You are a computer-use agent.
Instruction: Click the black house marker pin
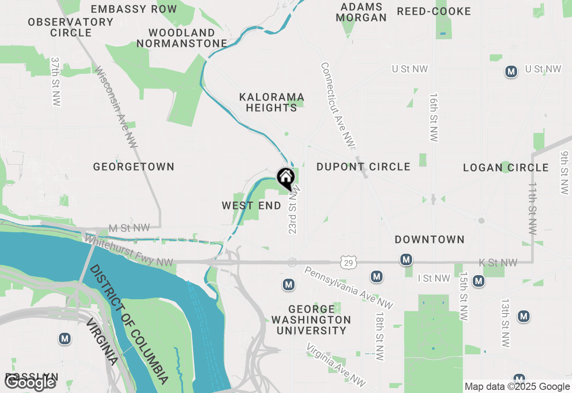[x=286, y=178]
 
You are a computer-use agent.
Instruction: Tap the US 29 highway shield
[x=349, y=263]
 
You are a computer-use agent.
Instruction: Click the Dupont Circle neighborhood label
[x=363, y=167]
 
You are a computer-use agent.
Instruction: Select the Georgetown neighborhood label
[x=134, y=167]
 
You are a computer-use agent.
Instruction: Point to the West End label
[x=252, y=205]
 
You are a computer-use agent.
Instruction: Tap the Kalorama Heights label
[x=272, y=102]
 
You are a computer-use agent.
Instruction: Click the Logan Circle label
[x=506, y=167]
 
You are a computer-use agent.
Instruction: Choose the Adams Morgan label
[x=361, y=12]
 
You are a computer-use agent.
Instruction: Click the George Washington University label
[x=311, y=320]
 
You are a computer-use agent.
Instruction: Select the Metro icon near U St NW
[x=511, y=71]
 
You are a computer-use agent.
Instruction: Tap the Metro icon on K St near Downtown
[x=406, y=259]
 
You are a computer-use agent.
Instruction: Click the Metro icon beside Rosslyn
[x=65, y=339]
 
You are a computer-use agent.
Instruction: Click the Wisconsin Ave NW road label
[x=116, y=107]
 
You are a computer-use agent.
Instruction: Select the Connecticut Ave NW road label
[x=338, y=105]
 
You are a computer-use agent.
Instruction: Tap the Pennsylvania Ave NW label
[x=349, y=288]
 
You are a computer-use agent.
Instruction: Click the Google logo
[x=30, y=382]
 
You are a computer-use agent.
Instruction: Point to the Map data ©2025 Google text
[x=517, y=387]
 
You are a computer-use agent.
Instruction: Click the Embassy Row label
[x=134, y=9]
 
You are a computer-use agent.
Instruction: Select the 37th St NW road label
[x=55, y=81]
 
